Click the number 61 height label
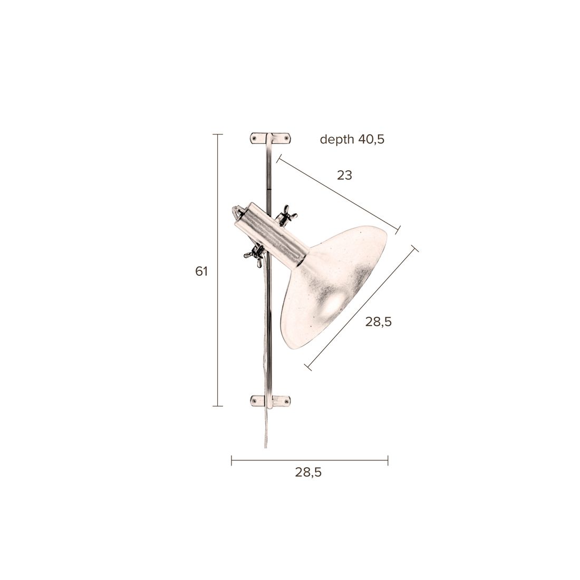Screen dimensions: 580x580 pos(201,272)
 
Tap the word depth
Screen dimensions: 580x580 pos(337,139)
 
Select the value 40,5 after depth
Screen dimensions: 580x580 pos(372,139)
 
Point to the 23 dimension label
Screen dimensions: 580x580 pos(344,175)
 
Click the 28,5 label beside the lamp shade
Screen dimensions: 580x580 pos(379,322)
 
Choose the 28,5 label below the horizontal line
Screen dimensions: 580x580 pos(308,472)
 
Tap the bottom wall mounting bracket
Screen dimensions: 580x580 pos(271,400)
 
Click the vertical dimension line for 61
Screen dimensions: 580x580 pos(217,272)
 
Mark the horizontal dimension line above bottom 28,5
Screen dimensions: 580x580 pos(310,461)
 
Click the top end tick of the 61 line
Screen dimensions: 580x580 pos(217,135)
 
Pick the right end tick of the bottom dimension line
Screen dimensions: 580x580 pos(388,461)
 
